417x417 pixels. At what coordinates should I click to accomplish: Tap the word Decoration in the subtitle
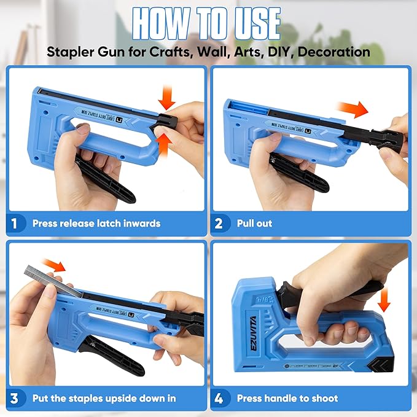coord(334,52)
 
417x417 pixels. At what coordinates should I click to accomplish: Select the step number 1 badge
coord(15,223)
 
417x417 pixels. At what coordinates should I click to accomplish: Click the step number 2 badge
coord(219,223)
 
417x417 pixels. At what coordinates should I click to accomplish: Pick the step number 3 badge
coord(15,399)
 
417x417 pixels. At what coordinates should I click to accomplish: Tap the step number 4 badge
coord(219,399)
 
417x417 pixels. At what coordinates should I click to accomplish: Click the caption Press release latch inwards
coord(96,224)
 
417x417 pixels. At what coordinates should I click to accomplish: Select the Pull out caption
coord(254,224)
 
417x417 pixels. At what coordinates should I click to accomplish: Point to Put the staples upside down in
coord(104,399)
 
